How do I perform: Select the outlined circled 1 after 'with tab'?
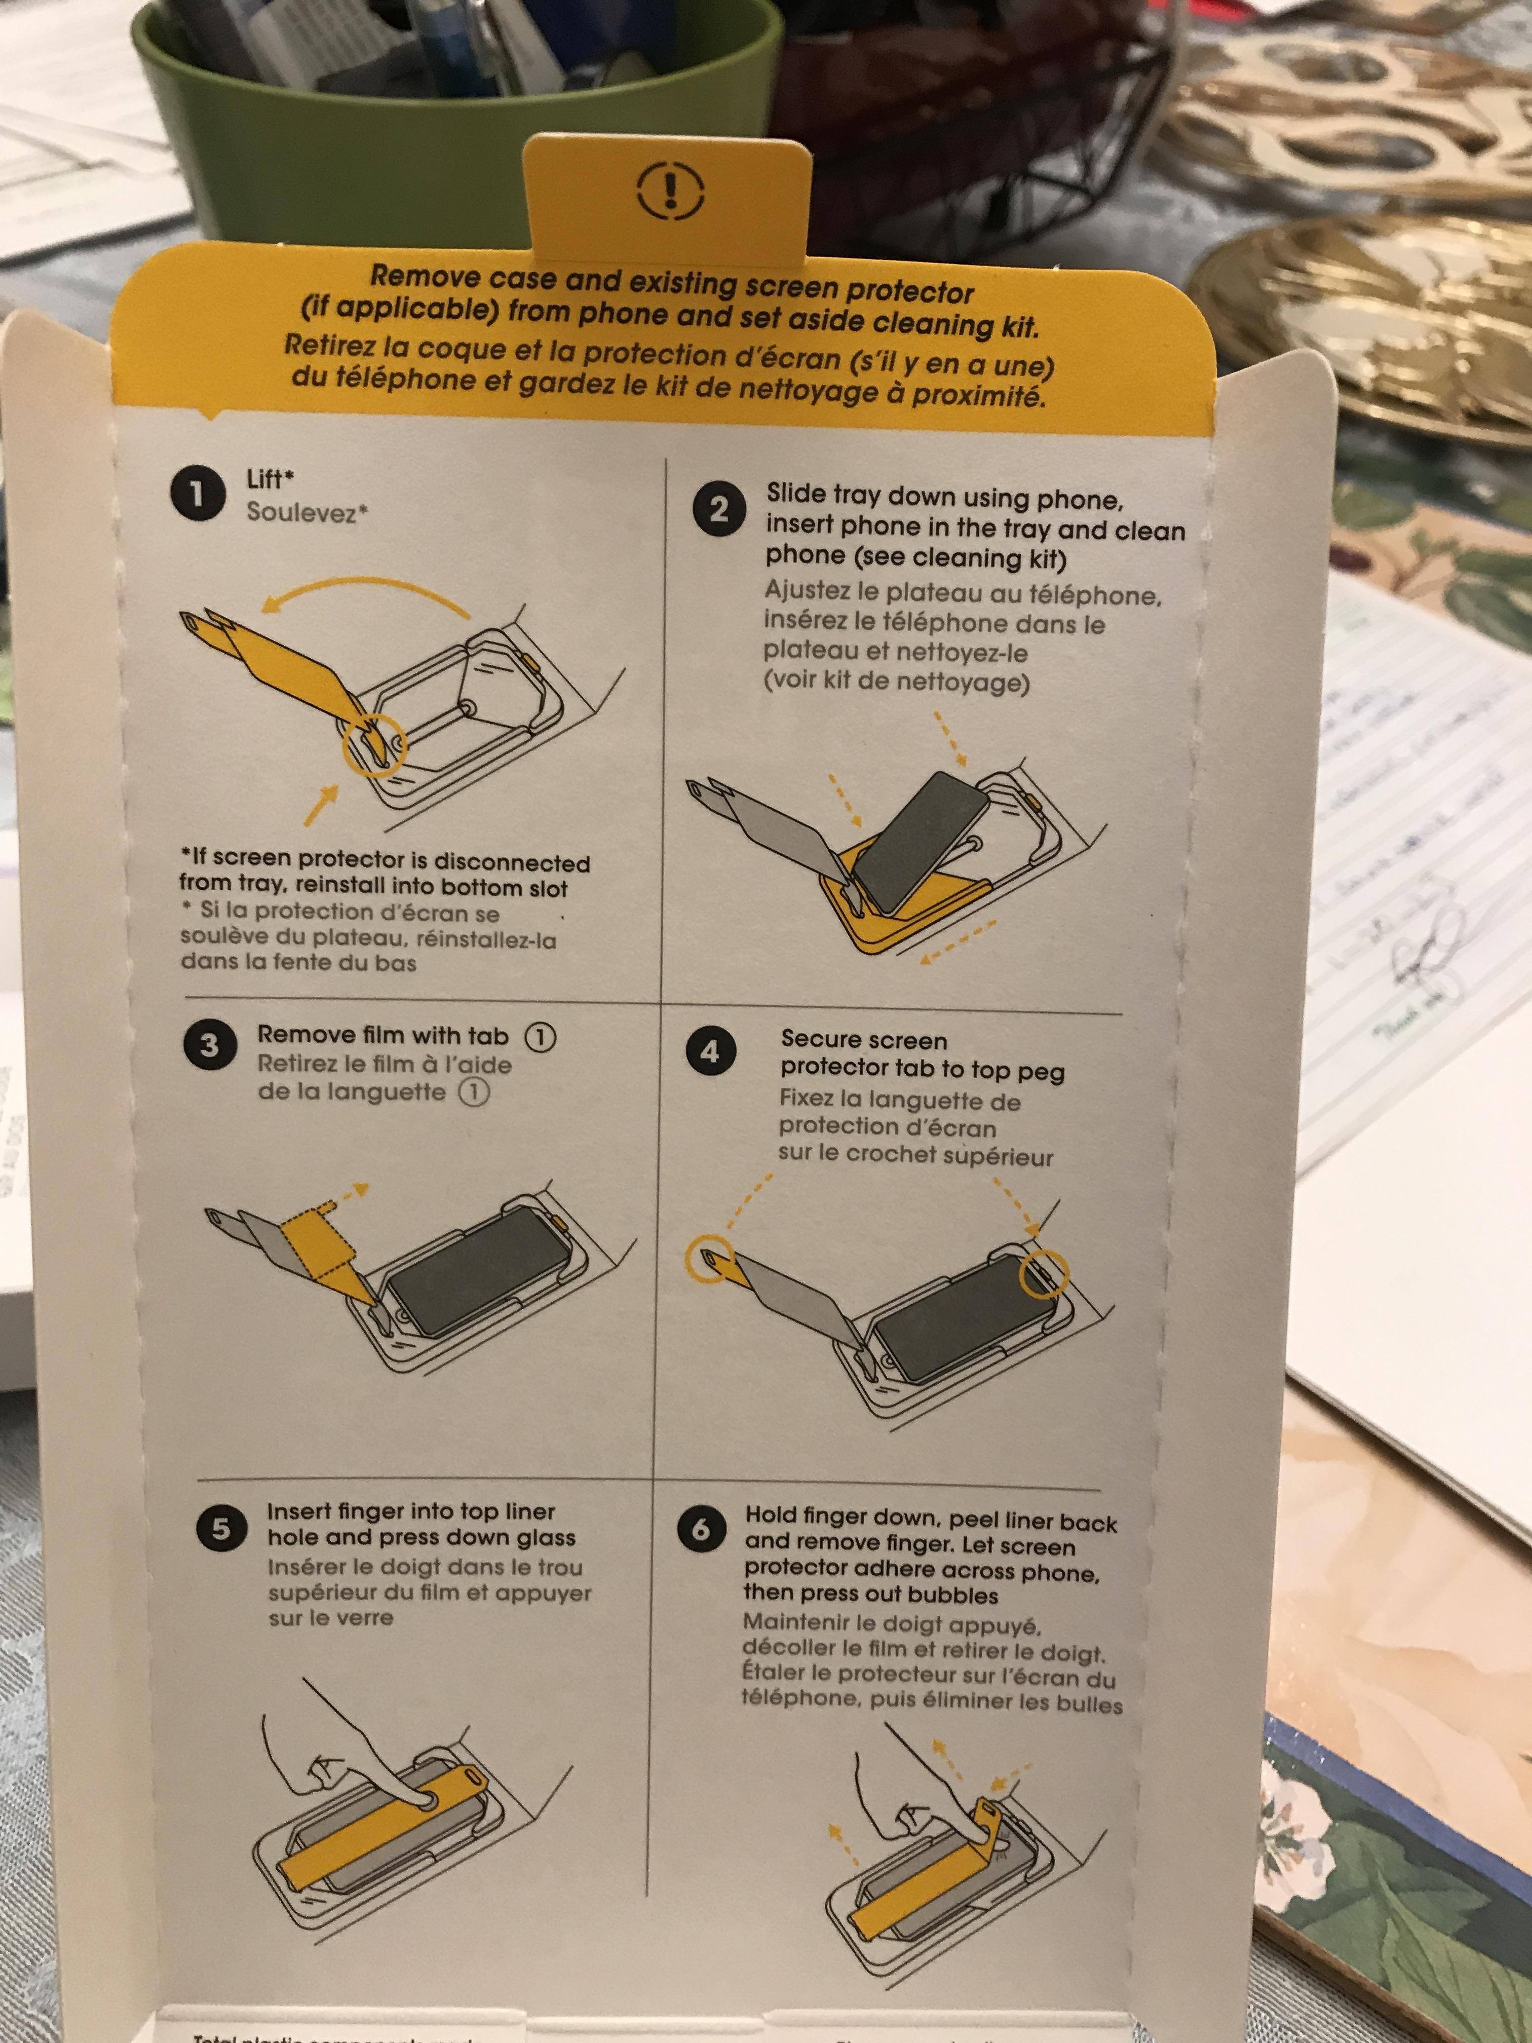pos(540,1037)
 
